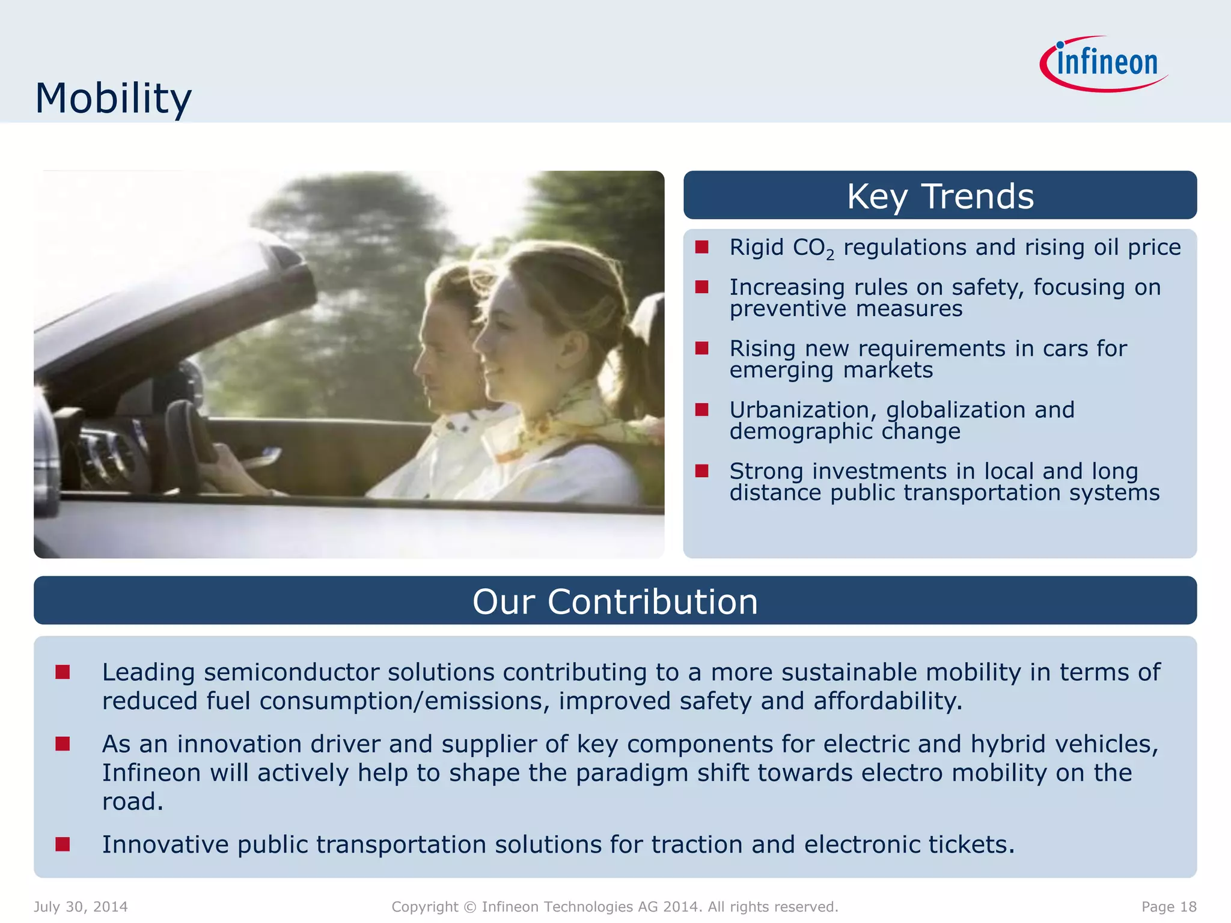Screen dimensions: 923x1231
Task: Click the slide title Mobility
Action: [113, 98]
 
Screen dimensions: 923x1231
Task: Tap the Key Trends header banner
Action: [939, 196]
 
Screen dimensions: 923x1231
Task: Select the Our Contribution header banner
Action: [614, 601]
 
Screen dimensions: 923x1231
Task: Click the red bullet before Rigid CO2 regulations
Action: [701, 247]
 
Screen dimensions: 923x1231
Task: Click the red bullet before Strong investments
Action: [701, 471]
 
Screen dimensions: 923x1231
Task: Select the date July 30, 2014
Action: [81, 907]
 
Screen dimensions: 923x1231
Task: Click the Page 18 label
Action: [1168, 907]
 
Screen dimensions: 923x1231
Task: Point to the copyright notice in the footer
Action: [614, 907]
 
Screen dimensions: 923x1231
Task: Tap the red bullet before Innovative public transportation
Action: [63, 844]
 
